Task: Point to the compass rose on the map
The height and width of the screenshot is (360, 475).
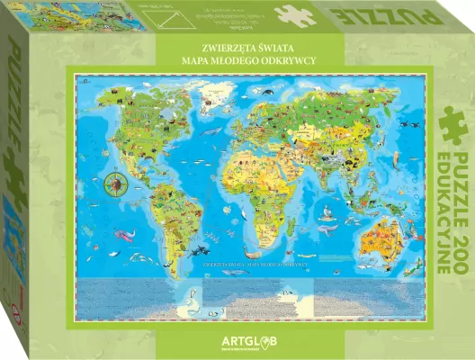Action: point(116,187)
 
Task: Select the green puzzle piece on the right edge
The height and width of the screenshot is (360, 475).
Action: point(453,124)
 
